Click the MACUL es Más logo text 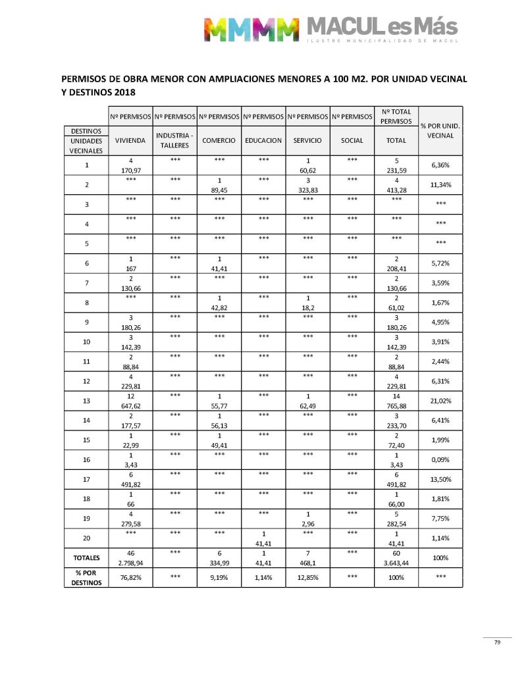click(x=381, y=28)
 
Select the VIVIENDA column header click(x=130, y=141)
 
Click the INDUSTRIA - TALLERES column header click(x=174, y=141)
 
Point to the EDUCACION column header click(x=263, y=141)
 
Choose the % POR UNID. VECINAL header click(x=441, y=130)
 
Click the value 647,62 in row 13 click(x=130, y=405)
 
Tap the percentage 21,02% click(x=441, y=400)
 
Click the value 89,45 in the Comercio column click(x=219, y=190)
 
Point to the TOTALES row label click(x=86, y=558)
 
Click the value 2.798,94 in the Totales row click(x=130, y=563)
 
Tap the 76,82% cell click(x=130, y=577)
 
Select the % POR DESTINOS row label click(x=86, y=577)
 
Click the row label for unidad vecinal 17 click(x=86, y=479)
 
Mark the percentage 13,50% click(x=441, y=480)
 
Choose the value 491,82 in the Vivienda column click(x=130, y=484)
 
